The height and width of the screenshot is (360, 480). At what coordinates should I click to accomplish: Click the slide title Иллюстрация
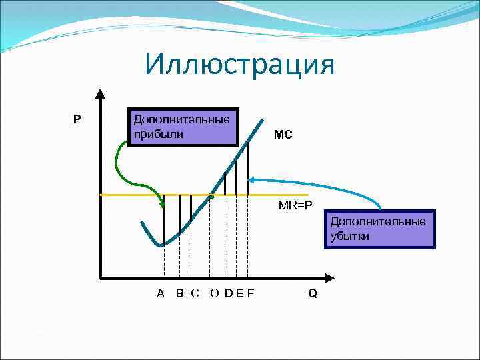[239, 65]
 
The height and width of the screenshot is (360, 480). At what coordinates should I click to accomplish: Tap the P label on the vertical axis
[77, 120]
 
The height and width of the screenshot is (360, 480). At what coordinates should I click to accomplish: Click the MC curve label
[283, 135]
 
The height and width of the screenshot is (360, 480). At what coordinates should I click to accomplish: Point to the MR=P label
[295, 205]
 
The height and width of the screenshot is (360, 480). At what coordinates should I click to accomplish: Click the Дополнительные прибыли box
[183, 127]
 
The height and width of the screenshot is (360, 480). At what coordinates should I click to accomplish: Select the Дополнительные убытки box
[379, 229]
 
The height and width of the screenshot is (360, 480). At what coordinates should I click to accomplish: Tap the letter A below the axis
[161, 293]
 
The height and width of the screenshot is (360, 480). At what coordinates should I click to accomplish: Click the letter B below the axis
[180, 293]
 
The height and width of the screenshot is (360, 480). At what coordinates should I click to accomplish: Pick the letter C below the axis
[195, 293]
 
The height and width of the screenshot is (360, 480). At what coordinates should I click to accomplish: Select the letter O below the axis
[215, 293]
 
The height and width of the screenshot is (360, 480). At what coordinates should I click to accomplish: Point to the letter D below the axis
[229, 293]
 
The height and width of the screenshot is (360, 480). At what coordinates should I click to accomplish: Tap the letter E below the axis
[240, 293]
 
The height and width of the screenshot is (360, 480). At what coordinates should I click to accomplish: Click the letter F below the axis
[251, 293]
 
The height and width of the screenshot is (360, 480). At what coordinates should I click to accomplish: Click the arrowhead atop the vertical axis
[100, 94]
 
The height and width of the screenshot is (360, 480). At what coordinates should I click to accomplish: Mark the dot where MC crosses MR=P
[211, 197]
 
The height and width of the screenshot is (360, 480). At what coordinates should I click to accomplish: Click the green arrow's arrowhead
[165, 203]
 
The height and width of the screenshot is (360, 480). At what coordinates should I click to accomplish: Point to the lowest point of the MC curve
[160, 245]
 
